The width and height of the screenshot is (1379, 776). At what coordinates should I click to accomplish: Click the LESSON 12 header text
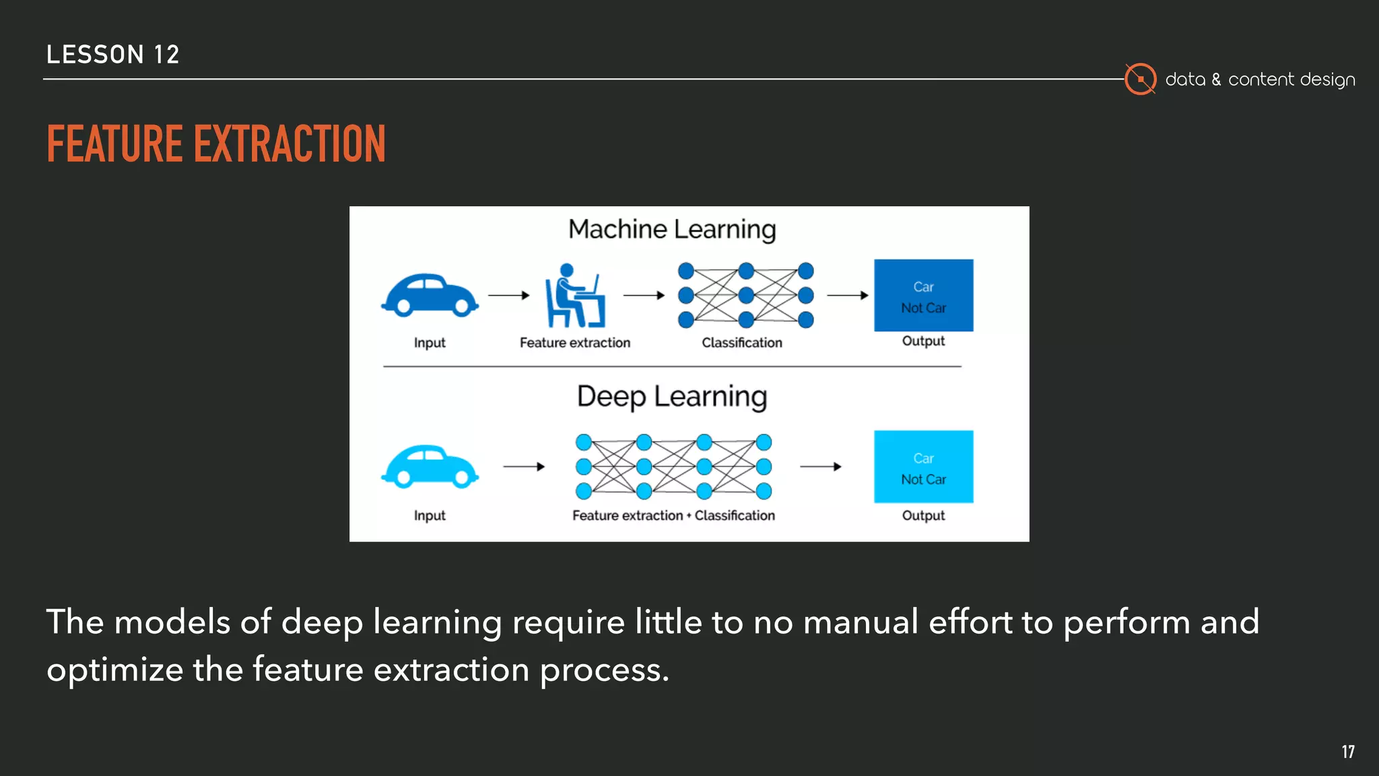(x=113, y=55)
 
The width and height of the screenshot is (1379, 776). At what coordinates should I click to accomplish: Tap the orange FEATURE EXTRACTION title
(x=216, y=144)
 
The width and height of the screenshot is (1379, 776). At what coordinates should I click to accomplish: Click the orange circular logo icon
(x=1140, y=79)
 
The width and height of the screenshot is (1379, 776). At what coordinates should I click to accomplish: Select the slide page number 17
(x=1347, y=752)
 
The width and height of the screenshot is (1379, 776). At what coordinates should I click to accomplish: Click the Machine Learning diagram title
(x=672, y=230)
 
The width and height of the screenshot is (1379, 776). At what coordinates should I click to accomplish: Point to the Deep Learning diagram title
(x=672, y=397)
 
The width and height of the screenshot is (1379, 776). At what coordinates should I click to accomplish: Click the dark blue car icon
(x=430, y=295)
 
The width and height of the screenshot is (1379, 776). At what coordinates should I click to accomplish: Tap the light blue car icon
(x=430, y=466)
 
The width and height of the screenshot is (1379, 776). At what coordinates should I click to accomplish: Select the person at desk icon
(x=574, y=296)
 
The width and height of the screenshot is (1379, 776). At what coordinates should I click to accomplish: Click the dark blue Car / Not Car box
(x=923, y=295)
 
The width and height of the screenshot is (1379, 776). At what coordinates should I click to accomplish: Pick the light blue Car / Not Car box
(x=923, y=466)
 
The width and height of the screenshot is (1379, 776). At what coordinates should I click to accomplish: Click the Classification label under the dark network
(x=742, y=343)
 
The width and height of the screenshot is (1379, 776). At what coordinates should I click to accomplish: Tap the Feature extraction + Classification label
(x=673, y=515)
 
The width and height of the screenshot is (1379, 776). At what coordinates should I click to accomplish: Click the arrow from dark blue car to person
(x=508, y=295)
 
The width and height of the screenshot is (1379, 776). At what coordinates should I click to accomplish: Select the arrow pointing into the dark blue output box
(x=847, y=295)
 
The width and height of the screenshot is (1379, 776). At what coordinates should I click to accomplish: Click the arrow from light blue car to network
(x=524, y=466)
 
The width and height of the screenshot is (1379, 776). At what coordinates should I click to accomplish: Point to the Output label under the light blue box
(x=923, y=515)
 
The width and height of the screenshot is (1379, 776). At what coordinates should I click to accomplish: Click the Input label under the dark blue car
(x=430, y=343)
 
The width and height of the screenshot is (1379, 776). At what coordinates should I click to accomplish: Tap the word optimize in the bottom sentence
(x=115, y=670)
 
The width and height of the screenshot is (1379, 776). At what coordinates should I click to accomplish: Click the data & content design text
(x=1260, y=79)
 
